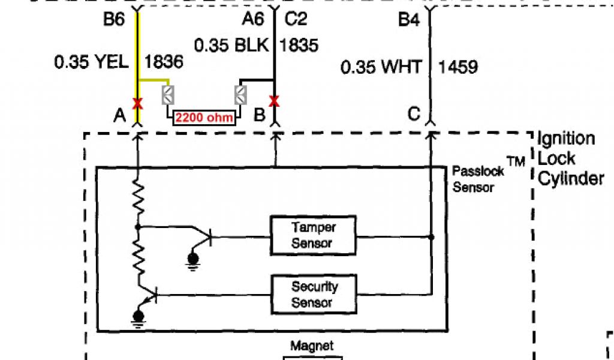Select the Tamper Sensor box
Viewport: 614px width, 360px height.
point(314,235)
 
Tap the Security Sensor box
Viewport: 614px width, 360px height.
point(315,295)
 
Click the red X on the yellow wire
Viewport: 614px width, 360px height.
point(138,103)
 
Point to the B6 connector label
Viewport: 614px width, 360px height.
point(113,20)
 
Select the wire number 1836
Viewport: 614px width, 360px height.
point(164,61)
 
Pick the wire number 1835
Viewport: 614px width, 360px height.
point(299,46)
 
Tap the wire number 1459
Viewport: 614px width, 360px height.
point(458,67)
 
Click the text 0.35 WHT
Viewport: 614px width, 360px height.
point(381,67)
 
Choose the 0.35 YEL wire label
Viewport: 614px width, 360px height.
point(92,61)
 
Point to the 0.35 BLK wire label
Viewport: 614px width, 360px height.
point(233,46)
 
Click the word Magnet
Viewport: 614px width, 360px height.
point(312,346)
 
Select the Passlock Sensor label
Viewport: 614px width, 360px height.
point(473,179)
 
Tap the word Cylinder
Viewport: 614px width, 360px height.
point(571,179)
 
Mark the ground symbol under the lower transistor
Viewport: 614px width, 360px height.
point(139,316)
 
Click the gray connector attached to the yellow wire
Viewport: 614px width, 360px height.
point(168,94)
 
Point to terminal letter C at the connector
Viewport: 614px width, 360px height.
point(414,114)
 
